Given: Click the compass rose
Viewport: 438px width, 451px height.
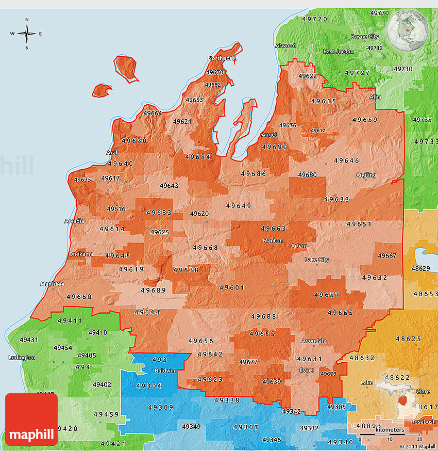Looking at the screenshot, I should tap(27, 34).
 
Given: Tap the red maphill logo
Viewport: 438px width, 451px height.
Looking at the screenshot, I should tap(31, 420).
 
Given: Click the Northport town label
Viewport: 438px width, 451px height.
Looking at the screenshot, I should tap(221, 58).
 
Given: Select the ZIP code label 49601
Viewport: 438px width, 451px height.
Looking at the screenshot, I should tap(232, 287).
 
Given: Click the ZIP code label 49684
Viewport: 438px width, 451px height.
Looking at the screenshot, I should tap(198, 157).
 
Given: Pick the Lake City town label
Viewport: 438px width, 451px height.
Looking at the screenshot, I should tap(316, 260).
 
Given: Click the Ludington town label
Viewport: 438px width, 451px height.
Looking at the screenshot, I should tap(22, 358).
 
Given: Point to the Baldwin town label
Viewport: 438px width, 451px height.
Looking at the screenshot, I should tap(165, 371).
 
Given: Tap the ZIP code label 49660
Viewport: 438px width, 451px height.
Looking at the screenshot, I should tap(79, 297).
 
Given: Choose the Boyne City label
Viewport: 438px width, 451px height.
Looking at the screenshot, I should tap(365, 37).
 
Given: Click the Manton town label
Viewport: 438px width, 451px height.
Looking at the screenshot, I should tap(273, 241).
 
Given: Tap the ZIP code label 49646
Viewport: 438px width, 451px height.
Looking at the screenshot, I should tap(347, 160).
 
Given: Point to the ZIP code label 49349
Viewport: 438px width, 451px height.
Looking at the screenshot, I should tap(191, 427).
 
